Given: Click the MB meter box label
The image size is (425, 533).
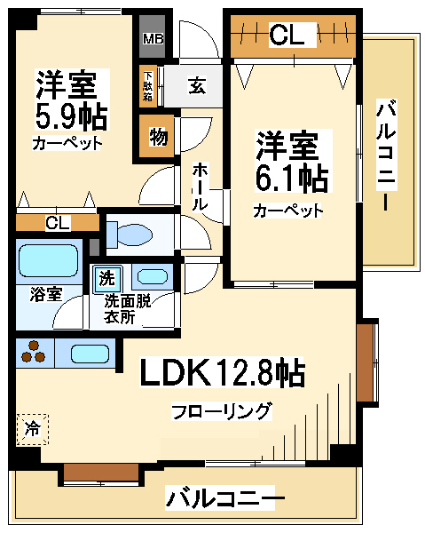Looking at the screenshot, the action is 153,39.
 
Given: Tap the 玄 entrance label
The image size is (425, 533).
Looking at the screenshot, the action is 197,85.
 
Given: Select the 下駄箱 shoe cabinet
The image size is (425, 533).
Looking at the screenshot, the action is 147,86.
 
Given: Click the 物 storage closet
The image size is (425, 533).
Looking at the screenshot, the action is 158,136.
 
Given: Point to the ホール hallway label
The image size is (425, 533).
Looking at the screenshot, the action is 201,187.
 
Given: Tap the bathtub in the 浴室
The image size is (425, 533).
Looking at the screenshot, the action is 49,260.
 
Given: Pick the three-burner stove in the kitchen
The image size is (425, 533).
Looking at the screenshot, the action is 33,353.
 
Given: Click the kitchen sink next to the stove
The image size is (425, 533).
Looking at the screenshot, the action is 90,354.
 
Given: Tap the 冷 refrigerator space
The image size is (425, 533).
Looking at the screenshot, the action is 33,429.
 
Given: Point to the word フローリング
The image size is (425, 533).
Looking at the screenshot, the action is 222,411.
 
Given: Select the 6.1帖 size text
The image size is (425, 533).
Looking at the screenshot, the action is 292,179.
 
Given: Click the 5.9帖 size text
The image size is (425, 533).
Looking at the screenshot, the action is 71,115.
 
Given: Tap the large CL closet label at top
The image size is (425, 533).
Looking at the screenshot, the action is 287,35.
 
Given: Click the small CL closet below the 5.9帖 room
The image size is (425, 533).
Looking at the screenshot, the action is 58,223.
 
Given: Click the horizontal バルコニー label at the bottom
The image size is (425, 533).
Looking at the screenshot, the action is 224,498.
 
